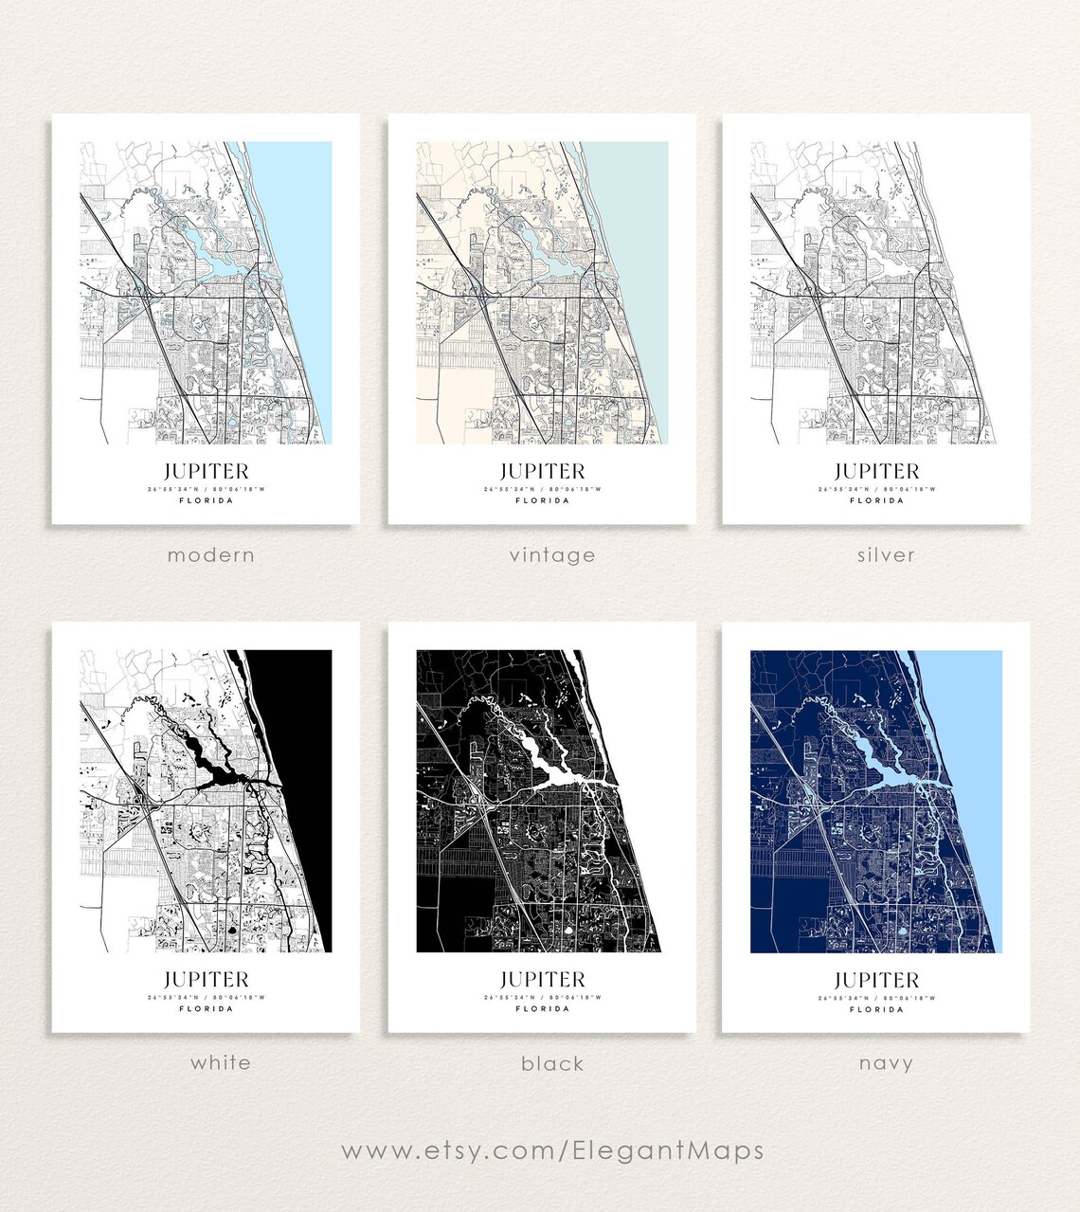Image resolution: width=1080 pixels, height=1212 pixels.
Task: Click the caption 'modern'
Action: tap(210, 555)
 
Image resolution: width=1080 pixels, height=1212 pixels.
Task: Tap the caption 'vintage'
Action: tap(552, 555)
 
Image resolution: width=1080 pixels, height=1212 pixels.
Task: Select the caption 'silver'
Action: tap(886, 555)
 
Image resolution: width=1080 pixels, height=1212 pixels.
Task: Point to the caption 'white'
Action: tap(221, 1062)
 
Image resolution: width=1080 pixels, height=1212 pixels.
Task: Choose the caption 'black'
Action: tap(552, 1063)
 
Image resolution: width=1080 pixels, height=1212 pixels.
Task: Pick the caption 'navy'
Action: tap(886, 1063)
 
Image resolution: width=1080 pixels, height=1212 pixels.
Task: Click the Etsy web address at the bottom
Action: tap(552, 1150)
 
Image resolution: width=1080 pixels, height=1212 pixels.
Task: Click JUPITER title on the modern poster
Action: tap(206, 471)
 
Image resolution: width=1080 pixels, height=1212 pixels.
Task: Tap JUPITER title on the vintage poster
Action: tap(542, 471)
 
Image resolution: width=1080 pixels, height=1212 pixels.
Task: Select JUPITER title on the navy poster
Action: tap(876, 980)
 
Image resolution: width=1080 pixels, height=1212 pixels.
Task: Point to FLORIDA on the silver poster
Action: tap(876, 500)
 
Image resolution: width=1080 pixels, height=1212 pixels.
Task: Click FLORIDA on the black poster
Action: tap(542, 1008)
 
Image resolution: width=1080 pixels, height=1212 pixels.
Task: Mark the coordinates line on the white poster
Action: tap(206, 997)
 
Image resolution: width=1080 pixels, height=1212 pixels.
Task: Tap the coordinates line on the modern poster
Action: tap(206, 489)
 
